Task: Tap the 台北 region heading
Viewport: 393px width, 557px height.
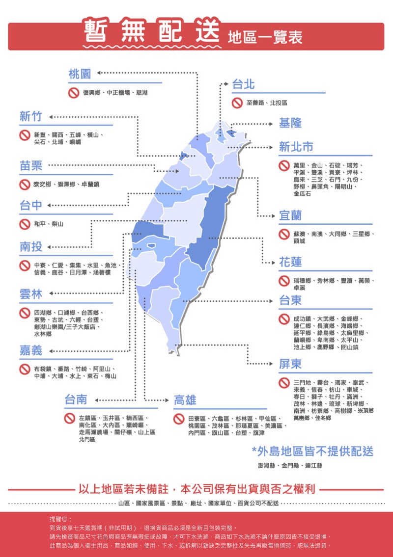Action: (x=243, y=84)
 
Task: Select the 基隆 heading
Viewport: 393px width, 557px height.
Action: (x=290, y=123)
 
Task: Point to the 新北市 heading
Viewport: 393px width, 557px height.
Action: (x=296, y=147)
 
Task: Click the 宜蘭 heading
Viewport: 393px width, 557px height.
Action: (x=290, y=215)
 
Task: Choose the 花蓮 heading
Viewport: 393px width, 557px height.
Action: (x=290, y=262)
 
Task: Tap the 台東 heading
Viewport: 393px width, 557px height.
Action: (x=290, y=300)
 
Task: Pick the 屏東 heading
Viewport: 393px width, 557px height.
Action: (x=290, y=364)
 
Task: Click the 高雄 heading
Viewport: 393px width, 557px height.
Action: (x=185, y=400)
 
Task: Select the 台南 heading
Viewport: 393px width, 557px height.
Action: (x=76, y=399)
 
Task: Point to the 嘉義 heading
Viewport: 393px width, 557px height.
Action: (x=31, y=350)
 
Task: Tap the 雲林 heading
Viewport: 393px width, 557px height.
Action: (x=31, y=294)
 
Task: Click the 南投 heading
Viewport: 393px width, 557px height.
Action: (x=31, y=247)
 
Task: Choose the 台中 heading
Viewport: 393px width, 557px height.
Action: (x=31, y=206)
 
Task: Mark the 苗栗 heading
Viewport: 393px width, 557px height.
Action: (x=31, y=166)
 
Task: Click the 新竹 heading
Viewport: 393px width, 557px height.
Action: (x=31, y=117)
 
